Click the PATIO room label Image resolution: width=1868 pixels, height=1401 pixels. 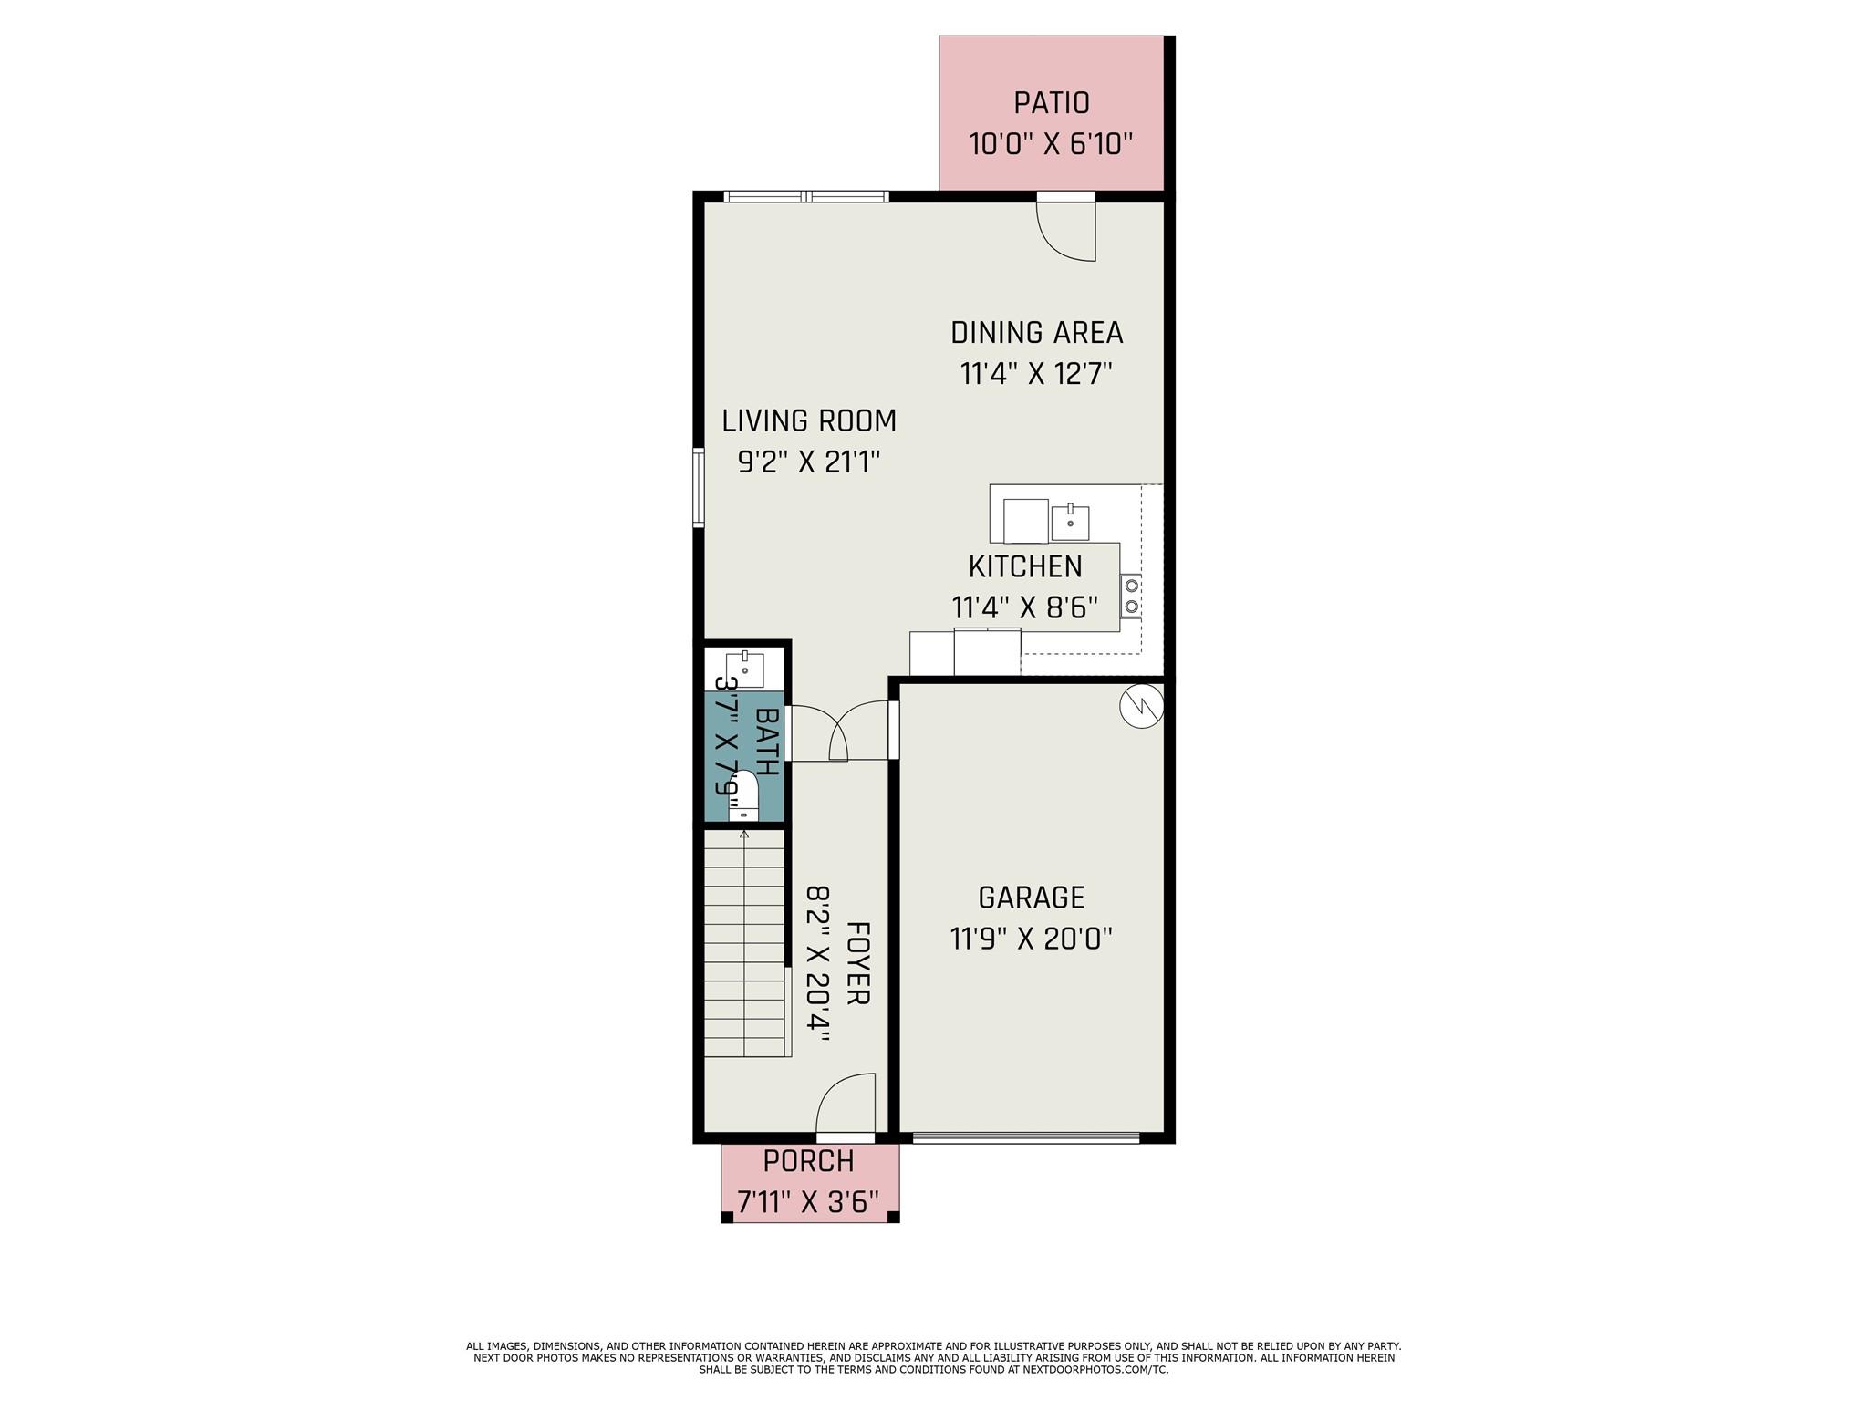point(1051,103)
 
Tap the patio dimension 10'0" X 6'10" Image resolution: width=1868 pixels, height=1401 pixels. point(1051,144)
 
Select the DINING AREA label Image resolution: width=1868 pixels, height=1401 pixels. point(1036,333)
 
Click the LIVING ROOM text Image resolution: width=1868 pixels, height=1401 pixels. point(809,420)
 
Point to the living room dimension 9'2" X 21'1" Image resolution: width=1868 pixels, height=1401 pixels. point(809,462)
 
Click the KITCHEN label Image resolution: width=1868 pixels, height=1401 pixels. point(1025,566)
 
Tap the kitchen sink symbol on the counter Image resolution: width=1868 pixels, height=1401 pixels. point(1070,523)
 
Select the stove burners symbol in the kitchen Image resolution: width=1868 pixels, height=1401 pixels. point(1131,596)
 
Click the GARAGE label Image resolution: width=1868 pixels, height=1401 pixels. point(1032,898)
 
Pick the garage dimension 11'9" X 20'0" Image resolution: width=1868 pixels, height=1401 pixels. point(1032,939)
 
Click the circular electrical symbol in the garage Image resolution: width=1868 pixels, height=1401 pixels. point(1142,707)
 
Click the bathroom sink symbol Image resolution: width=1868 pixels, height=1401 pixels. point(744,669)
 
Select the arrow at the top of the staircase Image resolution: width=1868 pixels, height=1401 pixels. point(744,835)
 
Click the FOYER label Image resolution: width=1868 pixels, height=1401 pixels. point(857,963)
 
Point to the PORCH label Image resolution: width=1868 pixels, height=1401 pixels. point(809,1161)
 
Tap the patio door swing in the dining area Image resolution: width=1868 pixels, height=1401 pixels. point(1065,232)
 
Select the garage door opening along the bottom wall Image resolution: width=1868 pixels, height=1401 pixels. point(1026,1136)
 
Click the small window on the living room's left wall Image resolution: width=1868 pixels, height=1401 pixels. point(698,487)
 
